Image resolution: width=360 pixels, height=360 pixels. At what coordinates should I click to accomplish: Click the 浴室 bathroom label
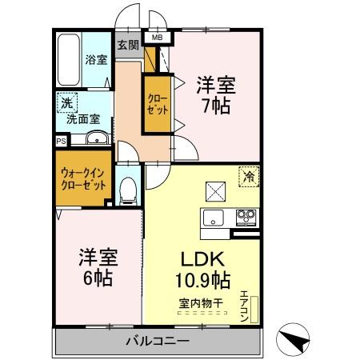[x=96, y=58]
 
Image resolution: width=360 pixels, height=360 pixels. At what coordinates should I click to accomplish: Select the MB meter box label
[x=156, y=36]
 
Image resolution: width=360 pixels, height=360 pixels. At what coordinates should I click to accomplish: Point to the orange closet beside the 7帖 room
[x=156, y=103]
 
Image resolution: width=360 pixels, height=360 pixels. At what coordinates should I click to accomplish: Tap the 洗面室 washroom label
[x=82, y=118]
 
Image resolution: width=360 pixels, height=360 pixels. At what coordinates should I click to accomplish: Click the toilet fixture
[x=126, y=189]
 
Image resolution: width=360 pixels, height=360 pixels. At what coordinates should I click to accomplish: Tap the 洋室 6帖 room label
[x=98, y=268]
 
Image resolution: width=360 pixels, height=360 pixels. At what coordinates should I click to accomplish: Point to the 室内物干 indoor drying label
[x=202, y=302]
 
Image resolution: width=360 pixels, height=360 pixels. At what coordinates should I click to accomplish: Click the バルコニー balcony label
[x=157, y=342]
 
